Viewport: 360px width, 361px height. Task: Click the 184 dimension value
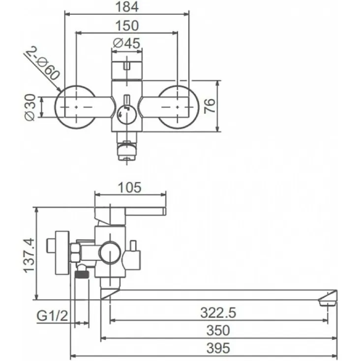click(127, 7)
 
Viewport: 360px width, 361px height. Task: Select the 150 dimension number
click(127, 26)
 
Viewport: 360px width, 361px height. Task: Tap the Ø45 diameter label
click(127, 43)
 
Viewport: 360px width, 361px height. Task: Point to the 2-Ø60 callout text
click(43, 63)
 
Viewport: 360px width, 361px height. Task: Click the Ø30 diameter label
click(30, 107)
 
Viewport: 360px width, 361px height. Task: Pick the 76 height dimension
click(210, 106)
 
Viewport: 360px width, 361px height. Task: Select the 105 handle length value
click(129, 188)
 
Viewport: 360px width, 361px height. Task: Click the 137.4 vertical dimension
click(29, 255)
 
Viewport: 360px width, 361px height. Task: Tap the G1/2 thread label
click(52, 316)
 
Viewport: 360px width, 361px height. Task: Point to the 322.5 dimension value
click(218, 313)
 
